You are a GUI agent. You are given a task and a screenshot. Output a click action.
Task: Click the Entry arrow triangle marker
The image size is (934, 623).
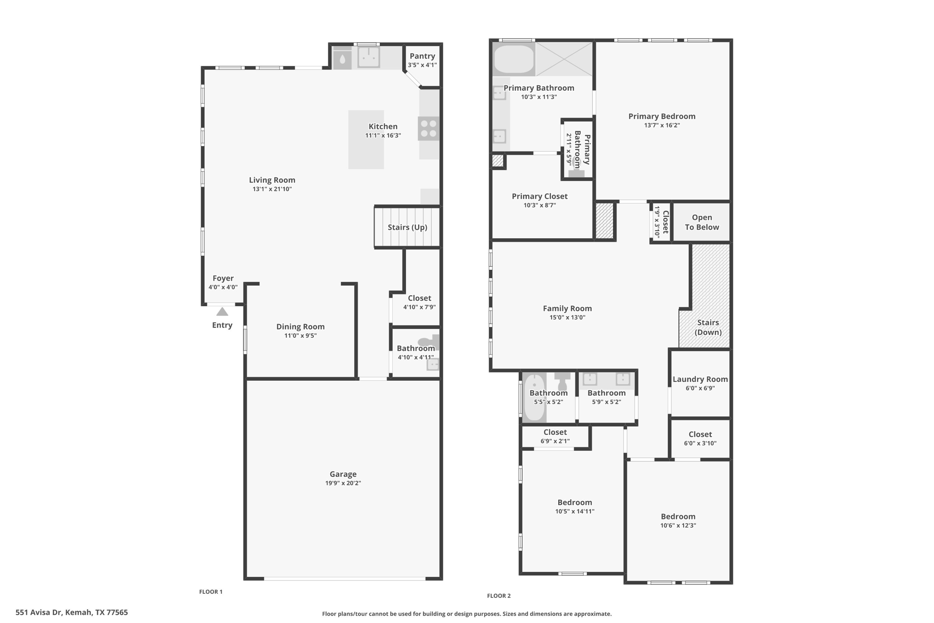222,312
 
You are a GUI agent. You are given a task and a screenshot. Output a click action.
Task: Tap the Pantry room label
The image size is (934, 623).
422,56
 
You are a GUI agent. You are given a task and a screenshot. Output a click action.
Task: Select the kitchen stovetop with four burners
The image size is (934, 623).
428,128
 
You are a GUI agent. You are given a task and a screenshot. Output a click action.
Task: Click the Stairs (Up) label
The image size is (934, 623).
407,227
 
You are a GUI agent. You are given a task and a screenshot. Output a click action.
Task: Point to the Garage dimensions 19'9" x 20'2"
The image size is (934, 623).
343,483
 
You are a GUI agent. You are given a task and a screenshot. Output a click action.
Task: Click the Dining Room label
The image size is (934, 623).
300,327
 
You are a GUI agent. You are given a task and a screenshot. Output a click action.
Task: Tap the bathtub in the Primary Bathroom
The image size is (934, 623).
514,59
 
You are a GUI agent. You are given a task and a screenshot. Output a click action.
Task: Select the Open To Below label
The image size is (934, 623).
701,222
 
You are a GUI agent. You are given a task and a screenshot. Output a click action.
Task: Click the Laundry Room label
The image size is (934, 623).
700,379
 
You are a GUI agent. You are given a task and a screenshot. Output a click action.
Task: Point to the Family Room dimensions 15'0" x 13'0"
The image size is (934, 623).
567,318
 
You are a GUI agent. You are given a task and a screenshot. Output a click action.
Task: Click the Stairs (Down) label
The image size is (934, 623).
708,327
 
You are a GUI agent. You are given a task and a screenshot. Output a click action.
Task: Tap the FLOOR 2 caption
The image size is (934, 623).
499,596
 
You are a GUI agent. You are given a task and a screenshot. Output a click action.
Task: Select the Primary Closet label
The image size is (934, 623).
540,196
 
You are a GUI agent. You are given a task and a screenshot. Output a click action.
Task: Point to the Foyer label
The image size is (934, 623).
223,278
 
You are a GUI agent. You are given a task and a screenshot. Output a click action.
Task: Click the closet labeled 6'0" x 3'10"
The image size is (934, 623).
700,438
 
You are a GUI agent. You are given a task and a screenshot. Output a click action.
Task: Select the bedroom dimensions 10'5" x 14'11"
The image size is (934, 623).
575,512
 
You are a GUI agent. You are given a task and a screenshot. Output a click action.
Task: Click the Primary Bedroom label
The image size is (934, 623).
662,116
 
